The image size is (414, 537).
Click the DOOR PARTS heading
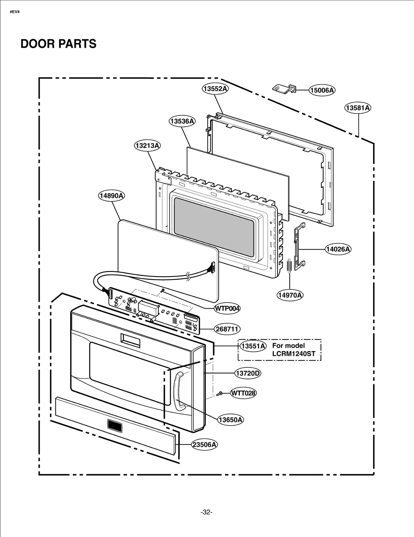click(x=58, y=44)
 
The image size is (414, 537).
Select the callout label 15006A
click(x=322, y=90)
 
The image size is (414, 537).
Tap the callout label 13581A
click(x=358, y=108)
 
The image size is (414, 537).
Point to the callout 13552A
click(x=215, y=89)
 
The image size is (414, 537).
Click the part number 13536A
click(x=182, y=121)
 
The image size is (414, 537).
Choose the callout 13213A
click(x=147, y=146)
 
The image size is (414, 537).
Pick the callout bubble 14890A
click(x=111, y=196)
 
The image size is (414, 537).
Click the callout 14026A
click(x=338, y=249)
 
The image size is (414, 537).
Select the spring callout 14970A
click(x=290, y=295)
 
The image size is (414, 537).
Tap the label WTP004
click(x=227, y=308)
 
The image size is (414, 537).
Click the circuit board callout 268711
click(x=227, y=329)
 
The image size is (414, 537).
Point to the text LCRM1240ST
click(x=294, y=354)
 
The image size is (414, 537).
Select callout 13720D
click(x=248, y=373)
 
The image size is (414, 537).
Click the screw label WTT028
click(x=243, y=393)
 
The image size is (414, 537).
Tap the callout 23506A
click(x=204, y=445)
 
